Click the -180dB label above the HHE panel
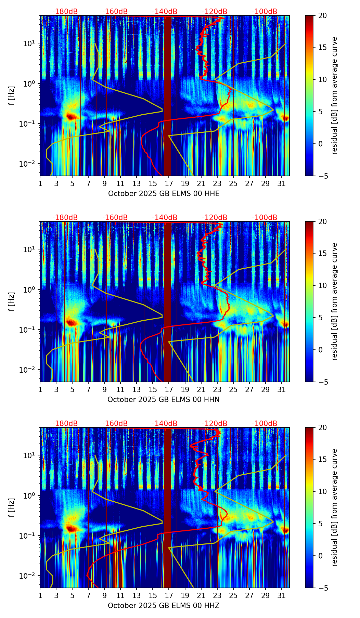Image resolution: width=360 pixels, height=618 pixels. [65, 12]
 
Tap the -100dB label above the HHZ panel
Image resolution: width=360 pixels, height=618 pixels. [265, 424]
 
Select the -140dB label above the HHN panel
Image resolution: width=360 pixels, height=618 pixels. [165, 218]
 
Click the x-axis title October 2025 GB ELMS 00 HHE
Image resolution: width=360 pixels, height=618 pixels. [164, 194]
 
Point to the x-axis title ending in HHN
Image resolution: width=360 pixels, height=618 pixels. [164, 400]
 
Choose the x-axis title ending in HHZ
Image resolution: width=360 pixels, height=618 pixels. [164, 606]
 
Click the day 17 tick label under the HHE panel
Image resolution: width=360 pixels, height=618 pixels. [169, 183]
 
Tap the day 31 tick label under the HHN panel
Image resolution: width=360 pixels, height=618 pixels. [282, 389]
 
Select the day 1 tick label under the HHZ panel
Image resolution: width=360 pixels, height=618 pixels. [40, 595]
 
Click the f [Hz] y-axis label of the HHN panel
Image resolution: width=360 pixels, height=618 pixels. [12, 301]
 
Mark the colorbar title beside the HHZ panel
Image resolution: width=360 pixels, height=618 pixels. [334, 507]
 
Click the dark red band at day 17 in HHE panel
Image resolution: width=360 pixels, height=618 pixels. [167, 96]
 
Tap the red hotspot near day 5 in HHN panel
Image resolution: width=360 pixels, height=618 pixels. [71, 322]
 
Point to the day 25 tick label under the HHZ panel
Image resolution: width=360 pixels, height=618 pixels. [233, 595]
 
